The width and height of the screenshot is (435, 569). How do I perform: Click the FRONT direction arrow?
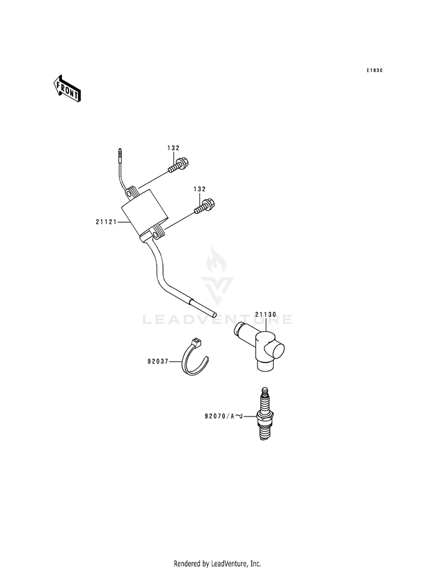pyautogui.click(x=67, y=89)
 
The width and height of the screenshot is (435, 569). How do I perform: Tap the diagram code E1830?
pyautogui.click(x=375, y=71)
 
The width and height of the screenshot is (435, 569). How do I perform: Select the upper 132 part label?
pyautogui.click(x=174, y=148)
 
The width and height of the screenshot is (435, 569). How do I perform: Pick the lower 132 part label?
pyautogui.click(x=200, y=189)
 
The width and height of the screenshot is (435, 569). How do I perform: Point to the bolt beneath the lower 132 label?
pyautogui.click(x=205, y=206)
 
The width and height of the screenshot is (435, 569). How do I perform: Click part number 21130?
pyautogui.click(x=266, y=314)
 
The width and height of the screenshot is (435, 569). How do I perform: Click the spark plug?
pyautogui.click(x=266, y=416)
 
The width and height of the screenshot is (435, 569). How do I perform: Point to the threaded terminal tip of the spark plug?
pyautogui.click(x=266, y=393)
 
